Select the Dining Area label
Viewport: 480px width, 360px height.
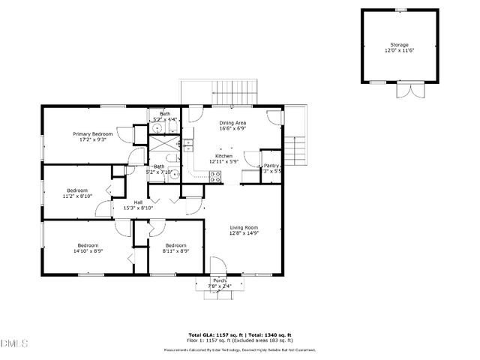coord(232,123)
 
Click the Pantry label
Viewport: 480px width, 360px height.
coord(271,166)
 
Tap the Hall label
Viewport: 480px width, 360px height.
coord(138,202)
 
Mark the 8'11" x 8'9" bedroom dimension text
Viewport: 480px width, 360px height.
coord(175,251)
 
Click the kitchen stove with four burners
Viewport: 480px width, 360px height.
coord(215,177)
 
